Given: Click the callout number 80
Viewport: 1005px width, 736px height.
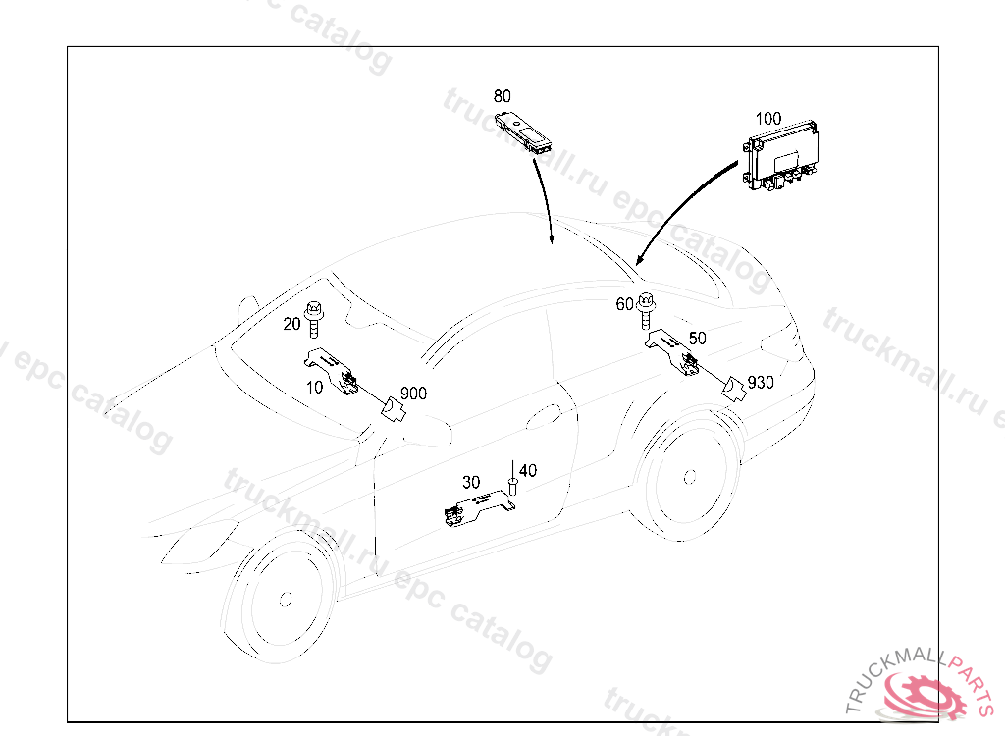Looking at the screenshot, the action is (502, 96).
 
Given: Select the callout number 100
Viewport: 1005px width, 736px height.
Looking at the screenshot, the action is (767, 119).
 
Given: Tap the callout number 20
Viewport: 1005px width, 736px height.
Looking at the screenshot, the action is (291, 324).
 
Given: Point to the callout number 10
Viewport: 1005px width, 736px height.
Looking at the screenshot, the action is (314, 388).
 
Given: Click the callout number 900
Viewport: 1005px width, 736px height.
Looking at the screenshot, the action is (413, 393).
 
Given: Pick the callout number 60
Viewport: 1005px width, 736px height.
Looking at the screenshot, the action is (624, 304).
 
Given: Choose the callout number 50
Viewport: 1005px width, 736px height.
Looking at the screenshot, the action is (698, 338).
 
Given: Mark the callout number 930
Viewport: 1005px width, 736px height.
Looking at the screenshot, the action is (761, 383).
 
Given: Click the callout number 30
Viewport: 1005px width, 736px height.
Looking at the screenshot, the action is (471, 482).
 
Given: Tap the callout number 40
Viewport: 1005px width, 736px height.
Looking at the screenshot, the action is (527, 471).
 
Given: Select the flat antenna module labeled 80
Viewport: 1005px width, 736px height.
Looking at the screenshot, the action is (524, 131).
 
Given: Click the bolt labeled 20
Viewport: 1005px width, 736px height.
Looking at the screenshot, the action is (314, 318).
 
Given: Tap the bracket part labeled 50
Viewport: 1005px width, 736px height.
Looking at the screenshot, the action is (671, 351).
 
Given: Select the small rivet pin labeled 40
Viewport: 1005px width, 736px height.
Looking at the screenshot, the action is (512, 481).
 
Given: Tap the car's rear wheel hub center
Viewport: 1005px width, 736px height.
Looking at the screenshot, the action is (690, 477).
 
